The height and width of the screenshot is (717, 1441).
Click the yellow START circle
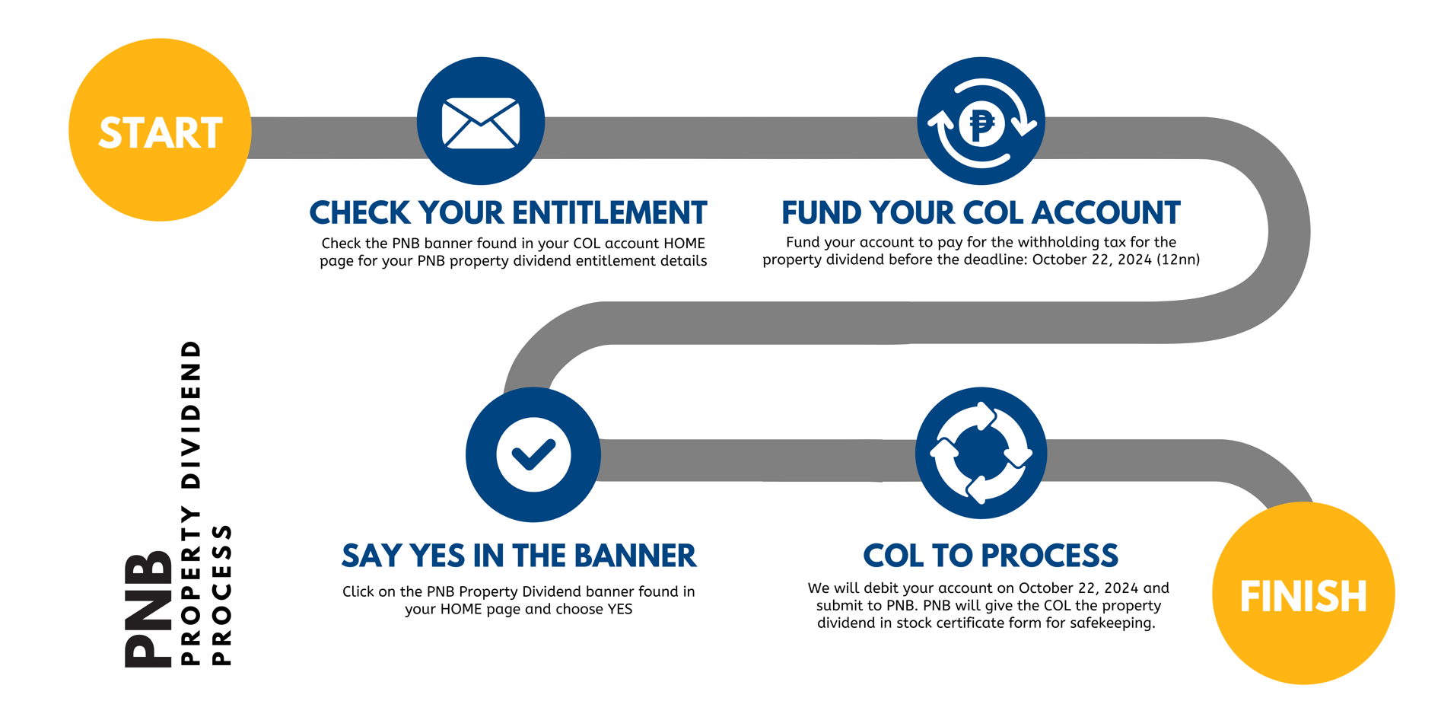(x=160, y=130)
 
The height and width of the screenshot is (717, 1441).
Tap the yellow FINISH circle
(x=1303, y=593)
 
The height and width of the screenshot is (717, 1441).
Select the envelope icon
(x=481, y=122)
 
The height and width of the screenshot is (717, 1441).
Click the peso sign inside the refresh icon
(x=981, y=123)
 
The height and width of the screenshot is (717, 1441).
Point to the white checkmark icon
(x=533, y=454)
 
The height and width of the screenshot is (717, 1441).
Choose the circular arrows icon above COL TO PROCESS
(x=981, y=453)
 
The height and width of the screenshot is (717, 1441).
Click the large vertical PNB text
(x=149, y=609)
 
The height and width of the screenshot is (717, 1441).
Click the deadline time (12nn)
(x=1178, y=260)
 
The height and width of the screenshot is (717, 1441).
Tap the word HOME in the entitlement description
(x=684, y=244)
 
